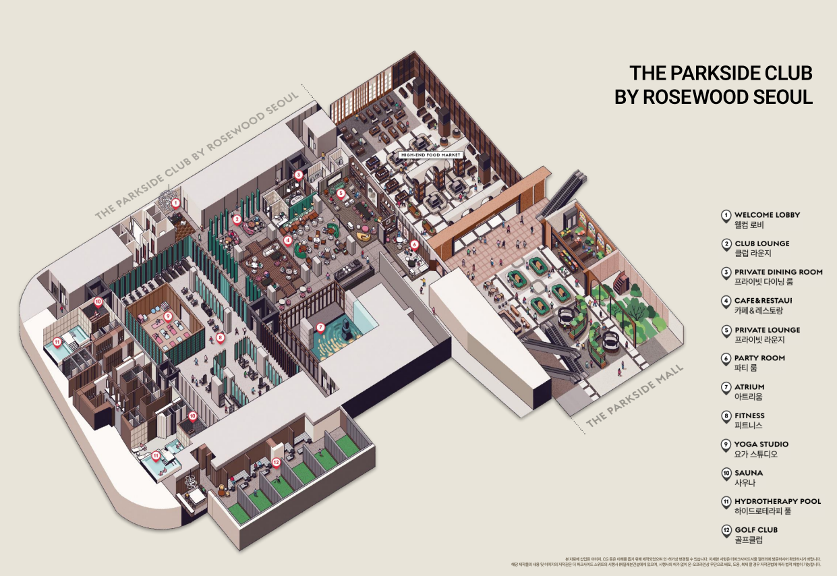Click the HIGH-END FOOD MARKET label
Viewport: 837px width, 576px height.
tap(430, 155)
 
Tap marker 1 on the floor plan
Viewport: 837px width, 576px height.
tap(175, 202)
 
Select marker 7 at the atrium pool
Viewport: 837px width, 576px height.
tap(320, 327)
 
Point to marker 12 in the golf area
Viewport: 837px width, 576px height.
tap(276, 462)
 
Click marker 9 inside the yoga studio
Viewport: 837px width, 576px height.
tap(168, 315)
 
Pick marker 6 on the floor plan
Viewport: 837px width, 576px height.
tap(414, 245)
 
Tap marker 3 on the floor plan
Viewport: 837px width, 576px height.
tap(299, 174)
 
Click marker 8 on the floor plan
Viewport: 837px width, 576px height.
tap(220, 337)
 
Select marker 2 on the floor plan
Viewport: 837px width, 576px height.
tap(237, 219)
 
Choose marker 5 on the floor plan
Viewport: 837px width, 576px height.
tap(341, 192)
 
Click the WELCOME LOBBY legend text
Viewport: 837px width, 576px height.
tap(767, 214)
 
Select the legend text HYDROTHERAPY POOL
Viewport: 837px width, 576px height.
tap(777, 501)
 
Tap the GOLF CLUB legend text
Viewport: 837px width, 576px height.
tap(755, 530)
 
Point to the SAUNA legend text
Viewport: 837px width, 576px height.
tap(749, 473)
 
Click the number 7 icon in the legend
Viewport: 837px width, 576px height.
tap(726, 388)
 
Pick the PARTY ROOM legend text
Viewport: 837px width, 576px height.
tap(759, 358)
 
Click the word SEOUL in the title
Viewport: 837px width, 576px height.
tap(781, 96)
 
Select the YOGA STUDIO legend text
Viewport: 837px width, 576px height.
tap(761, 444)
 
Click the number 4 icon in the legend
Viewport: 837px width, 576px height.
tap(726, 301)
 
